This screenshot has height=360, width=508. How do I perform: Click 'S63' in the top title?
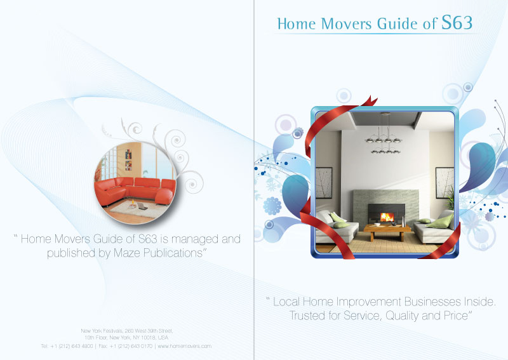tap(457, 23)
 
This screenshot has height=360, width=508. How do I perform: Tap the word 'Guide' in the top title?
tap(401, 24)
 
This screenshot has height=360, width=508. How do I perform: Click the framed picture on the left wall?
tap(324, 183)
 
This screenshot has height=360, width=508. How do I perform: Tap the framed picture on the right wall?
tap(444, 183)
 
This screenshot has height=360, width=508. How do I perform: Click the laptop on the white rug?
tap(144, 208)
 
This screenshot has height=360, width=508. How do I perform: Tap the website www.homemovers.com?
tap(184, 346)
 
